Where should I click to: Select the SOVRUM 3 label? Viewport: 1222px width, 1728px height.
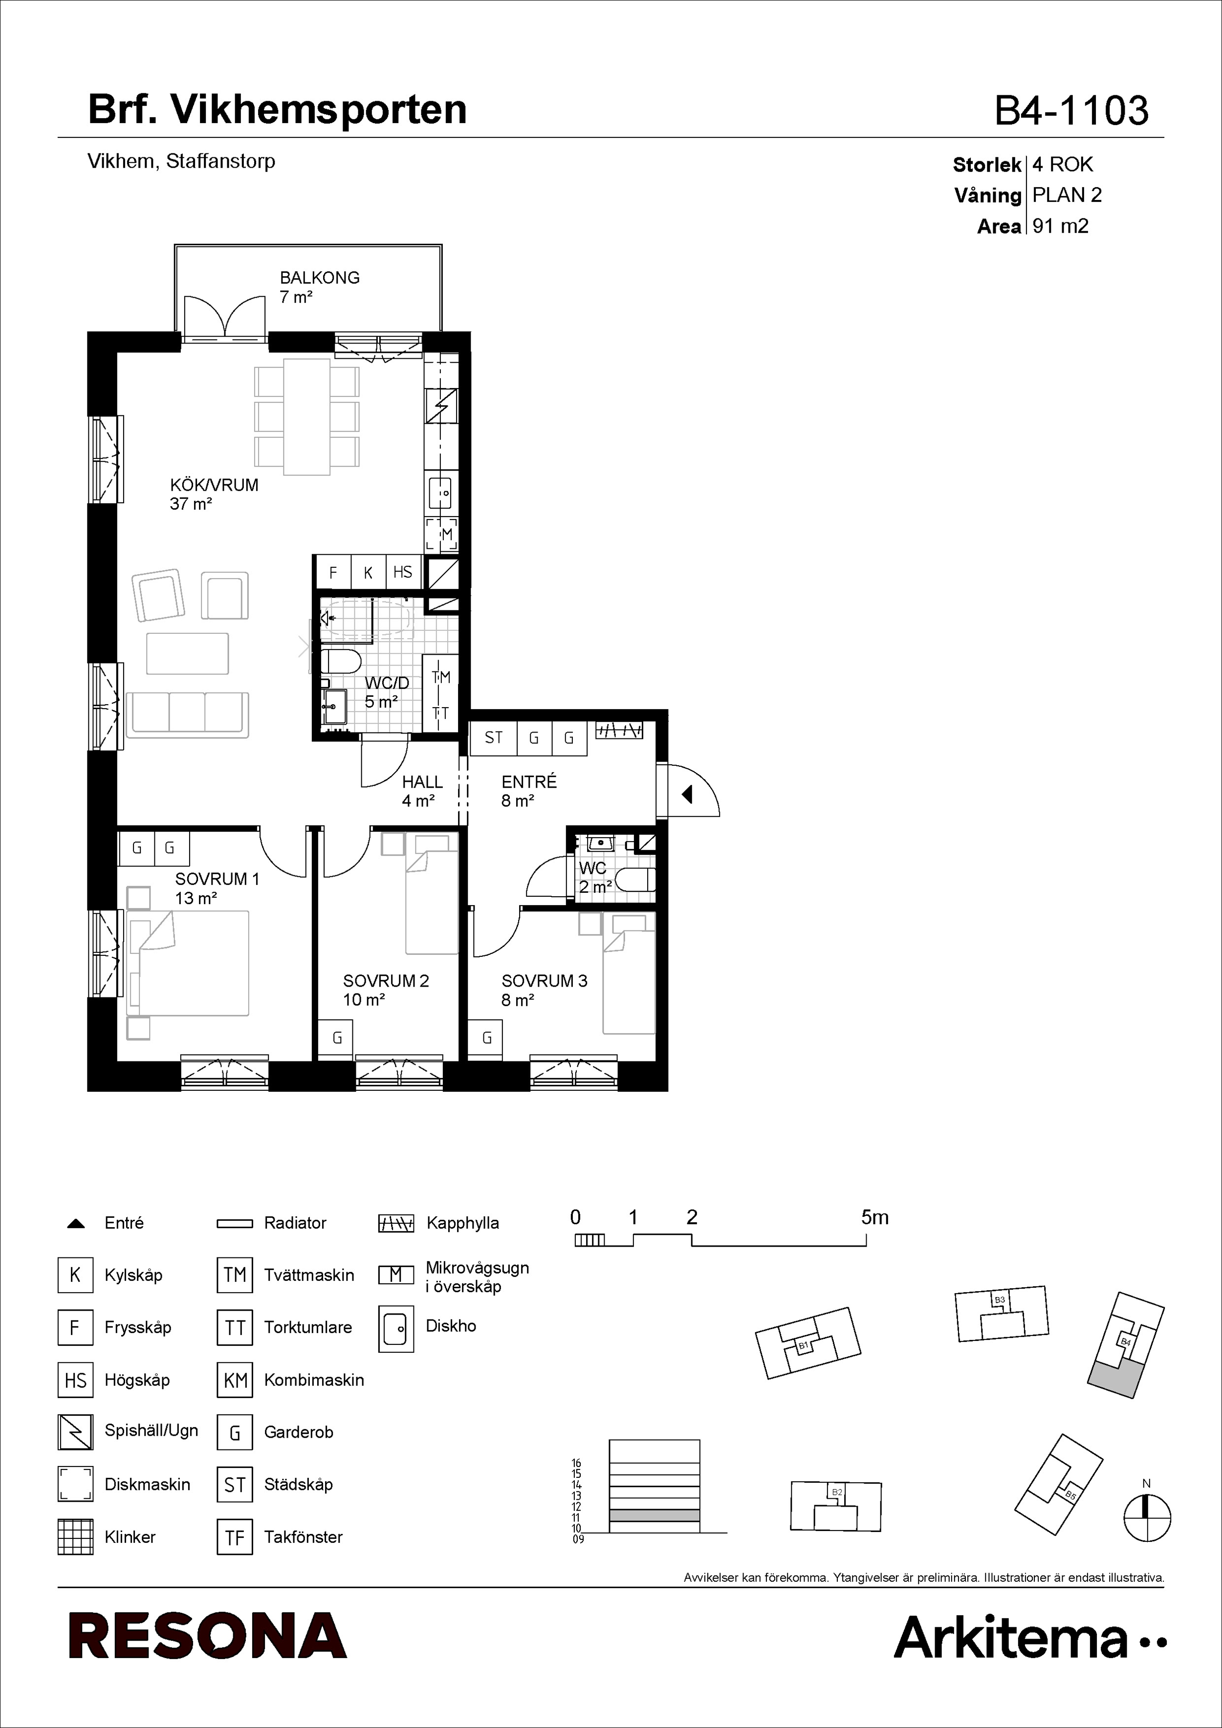(x=545, y=981)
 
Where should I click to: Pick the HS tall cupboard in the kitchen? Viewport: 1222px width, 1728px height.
(x=403, y=572)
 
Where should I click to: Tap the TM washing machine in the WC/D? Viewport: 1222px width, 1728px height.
(x=440, y=677)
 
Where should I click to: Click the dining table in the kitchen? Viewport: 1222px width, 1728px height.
(x=306, y=417)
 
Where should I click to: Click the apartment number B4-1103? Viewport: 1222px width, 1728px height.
(x=1071, y=110)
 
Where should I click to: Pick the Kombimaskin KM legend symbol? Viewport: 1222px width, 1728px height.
(x=235, y=1380)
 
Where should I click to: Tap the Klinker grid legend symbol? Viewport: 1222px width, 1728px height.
(x=75, y=1537)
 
